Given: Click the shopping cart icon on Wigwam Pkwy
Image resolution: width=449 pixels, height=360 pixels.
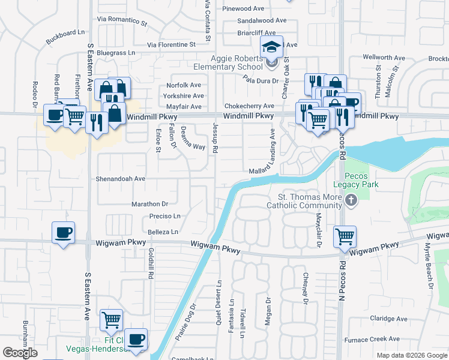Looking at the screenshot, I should pyautogui.click(x=345, y=237).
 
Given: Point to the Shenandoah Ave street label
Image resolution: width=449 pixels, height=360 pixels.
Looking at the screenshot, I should pyautogui.click(x=121, y=179).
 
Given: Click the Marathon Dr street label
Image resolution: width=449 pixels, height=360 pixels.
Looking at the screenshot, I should pyautogui.click(x=149, y=204).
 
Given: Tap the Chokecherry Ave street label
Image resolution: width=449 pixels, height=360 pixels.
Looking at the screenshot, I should pyautogui.click(x=249, y=106).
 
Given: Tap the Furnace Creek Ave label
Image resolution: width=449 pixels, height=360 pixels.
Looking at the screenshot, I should pyautogui.click(x=380, y=339).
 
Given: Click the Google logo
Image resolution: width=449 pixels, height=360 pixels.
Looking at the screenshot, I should pyautogui.click(x=21, y=352).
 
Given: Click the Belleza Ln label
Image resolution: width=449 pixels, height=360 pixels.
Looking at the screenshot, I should pyautogui.click(x=163, y=232).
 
